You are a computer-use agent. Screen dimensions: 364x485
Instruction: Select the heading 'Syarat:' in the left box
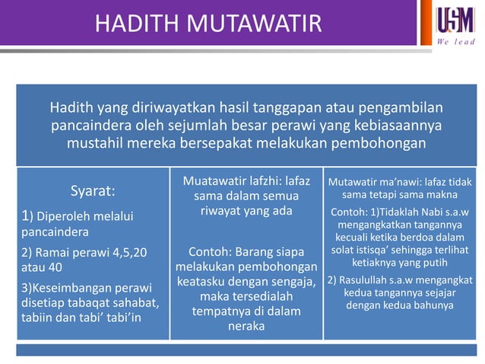tap(93, 190)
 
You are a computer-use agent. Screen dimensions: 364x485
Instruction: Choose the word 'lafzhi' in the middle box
tap(264, 181)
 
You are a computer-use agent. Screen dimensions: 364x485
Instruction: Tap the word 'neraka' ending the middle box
tap(246, 326)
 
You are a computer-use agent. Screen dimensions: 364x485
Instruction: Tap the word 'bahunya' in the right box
tap(432, 305)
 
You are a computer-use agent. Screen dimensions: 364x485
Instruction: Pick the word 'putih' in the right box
tap(431, 262)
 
